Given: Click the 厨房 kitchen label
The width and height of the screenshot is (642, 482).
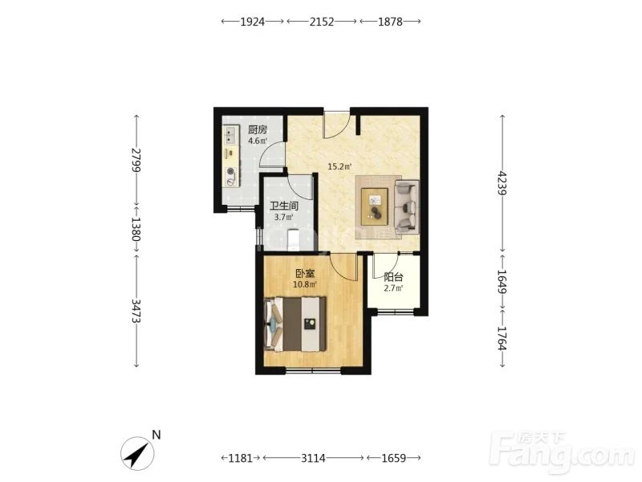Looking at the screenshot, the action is [258, 130].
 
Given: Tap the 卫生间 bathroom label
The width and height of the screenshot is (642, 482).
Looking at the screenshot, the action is [284, 206].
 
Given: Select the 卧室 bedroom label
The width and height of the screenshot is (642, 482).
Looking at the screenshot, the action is [306, 273].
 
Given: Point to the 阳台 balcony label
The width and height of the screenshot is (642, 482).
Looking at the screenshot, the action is [393, 277].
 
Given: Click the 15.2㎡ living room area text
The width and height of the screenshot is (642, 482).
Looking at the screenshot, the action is [339, 167].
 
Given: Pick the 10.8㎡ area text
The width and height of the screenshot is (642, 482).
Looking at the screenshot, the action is [305, 284].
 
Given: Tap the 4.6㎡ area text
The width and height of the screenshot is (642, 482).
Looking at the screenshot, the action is [258, 141].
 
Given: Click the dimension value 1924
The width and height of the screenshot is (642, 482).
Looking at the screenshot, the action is [252, 22].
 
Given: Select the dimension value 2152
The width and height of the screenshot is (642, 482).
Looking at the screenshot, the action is [322, 22].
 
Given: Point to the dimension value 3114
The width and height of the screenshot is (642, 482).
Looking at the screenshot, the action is [313, 458].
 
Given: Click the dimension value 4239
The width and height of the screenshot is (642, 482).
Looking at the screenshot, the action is [503, 183].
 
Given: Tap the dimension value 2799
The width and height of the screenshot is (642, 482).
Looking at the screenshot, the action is [136, 160].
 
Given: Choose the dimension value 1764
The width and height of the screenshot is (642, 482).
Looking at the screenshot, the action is [503, 338].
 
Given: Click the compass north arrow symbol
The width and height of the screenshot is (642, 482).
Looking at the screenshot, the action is [137, 453].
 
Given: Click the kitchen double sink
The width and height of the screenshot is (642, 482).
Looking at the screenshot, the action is [231, 135].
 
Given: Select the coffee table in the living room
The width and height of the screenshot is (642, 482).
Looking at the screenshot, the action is [374, 206].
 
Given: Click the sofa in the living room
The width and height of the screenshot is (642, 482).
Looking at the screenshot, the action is [407, 206].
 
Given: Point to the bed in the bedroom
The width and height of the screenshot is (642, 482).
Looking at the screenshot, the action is [295, 325].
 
